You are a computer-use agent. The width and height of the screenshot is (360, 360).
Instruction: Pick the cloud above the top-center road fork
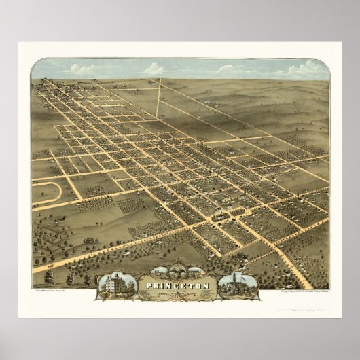click(154, 69)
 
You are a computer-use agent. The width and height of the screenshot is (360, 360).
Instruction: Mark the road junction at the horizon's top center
click(160, 80)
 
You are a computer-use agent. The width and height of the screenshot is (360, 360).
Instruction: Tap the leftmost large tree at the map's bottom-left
click(48, 278)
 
